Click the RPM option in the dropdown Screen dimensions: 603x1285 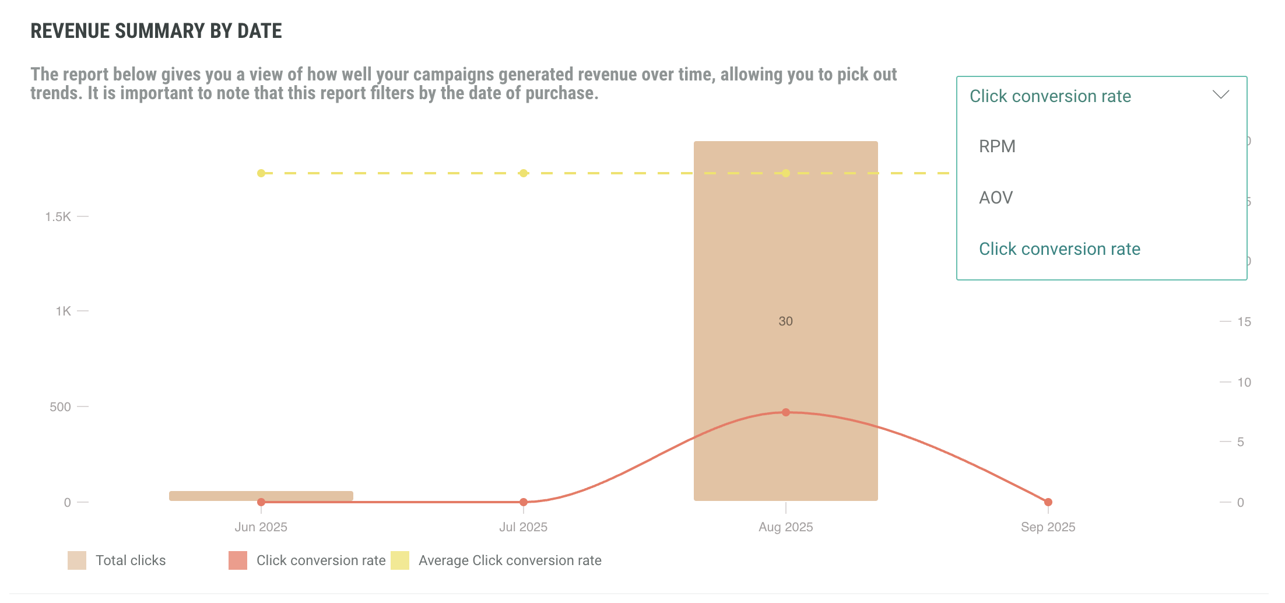pyautogui.click(x=997, y=146)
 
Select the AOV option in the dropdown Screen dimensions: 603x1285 pyautogui.click(x=996, y=198)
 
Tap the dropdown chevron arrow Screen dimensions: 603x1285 pyautogui.click(x=1220, y=94)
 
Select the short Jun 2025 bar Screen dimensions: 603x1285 pyautogui.click(x=261, y=495)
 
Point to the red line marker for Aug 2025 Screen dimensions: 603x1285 pyautogui.click(x=786, y=412)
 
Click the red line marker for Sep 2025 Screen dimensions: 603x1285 pyautogui.click(x=1048, y=502)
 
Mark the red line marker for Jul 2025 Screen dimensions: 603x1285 pyautogui.click(x=524, y=502)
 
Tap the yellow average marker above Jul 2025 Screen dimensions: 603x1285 pyautogui.click(x=524, y=173)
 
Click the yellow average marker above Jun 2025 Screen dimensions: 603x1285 pyautogui.click(x=261, y=173)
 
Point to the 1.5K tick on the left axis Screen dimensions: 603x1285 pyautogui.click(x=58, y=217)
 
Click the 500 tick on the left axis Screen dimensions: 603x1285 pyautogui.click(x=60, y=407)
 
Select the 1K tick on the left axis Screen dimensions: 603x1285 pyautogui.click(x=63, y=311)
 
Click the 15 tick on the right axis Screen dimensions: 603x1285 pyautogui.click(x=1244, y=322)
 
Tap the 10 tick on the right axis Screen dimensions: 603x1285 pyautogui.click(x=1244, y=383)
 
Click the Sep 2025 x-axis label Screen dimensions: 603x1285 pyautogui.click(x=1048, y=527)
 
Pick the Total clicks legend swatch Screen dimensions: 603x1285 pyautogui.click(x=77, y=560)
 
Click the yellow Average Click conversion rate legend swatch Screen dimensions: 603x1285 pyautogui.click(x=400, y=560)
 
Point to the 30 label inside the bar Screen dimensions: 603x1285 pyautogui.click(x=785, y=321)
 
